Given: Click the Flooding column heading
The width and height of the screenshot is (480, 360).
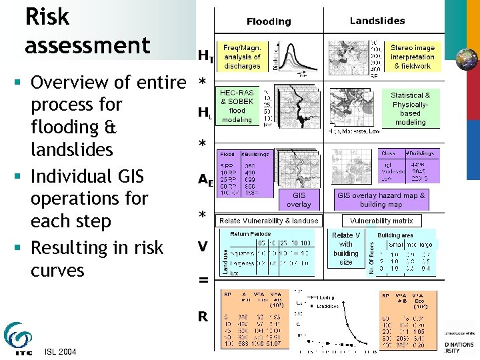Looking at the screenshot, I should click(269, 21).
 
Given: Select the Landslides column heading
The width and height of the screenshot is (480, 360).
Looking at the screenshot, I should click(377, 21).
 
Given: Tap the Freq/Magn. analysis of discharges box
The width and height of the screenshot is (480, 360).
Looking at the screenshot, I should click(242, 57).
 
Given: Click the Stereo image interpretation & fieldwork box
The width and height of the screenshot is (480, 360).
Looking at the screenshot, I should click(413, 57).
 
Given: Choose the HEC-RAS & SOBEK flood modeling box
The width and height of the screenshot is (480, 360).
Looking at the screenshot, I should click(237, 106).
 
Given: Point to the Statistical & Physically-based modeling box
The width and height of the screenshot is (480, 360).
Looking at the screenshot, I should click(410, 109).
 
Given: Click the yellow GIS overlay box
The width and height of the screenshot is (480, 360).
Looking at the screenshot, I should click(298, 200).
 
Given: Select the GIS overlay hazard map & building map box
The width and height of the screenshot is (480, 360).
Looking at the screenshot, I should click(381, 200).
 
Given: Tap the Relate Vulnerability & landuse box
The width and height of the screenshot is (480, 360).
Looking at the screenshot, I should click(269, 220).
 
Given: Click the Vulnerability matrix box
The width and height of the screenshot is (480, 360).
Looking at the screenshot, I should click(381, 220).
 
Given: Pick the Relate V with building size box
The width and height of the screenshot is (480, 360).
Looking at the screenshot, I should click(346, 249).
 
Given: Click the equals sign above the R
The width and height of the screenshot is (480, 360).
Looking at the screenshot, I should click(203, 281).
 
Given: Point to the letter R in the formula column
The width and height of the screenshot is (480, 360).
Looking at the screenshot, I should click(203, 317).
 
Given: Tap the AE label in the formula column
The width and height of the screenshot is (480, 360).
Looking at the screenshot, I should click(205, 179).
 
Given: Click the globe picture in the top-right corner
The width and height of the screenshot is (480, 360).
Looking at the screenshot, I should click(466, 59).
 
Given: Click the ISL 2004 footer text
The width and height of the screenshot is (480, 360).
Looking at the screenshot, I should click(59, 352).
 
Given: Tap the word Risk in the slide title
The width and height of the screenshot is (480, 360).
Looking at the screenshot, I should click(47, 17).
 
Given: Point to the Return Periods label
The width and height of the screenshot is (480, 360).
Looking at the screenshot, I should click(250, 234).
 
